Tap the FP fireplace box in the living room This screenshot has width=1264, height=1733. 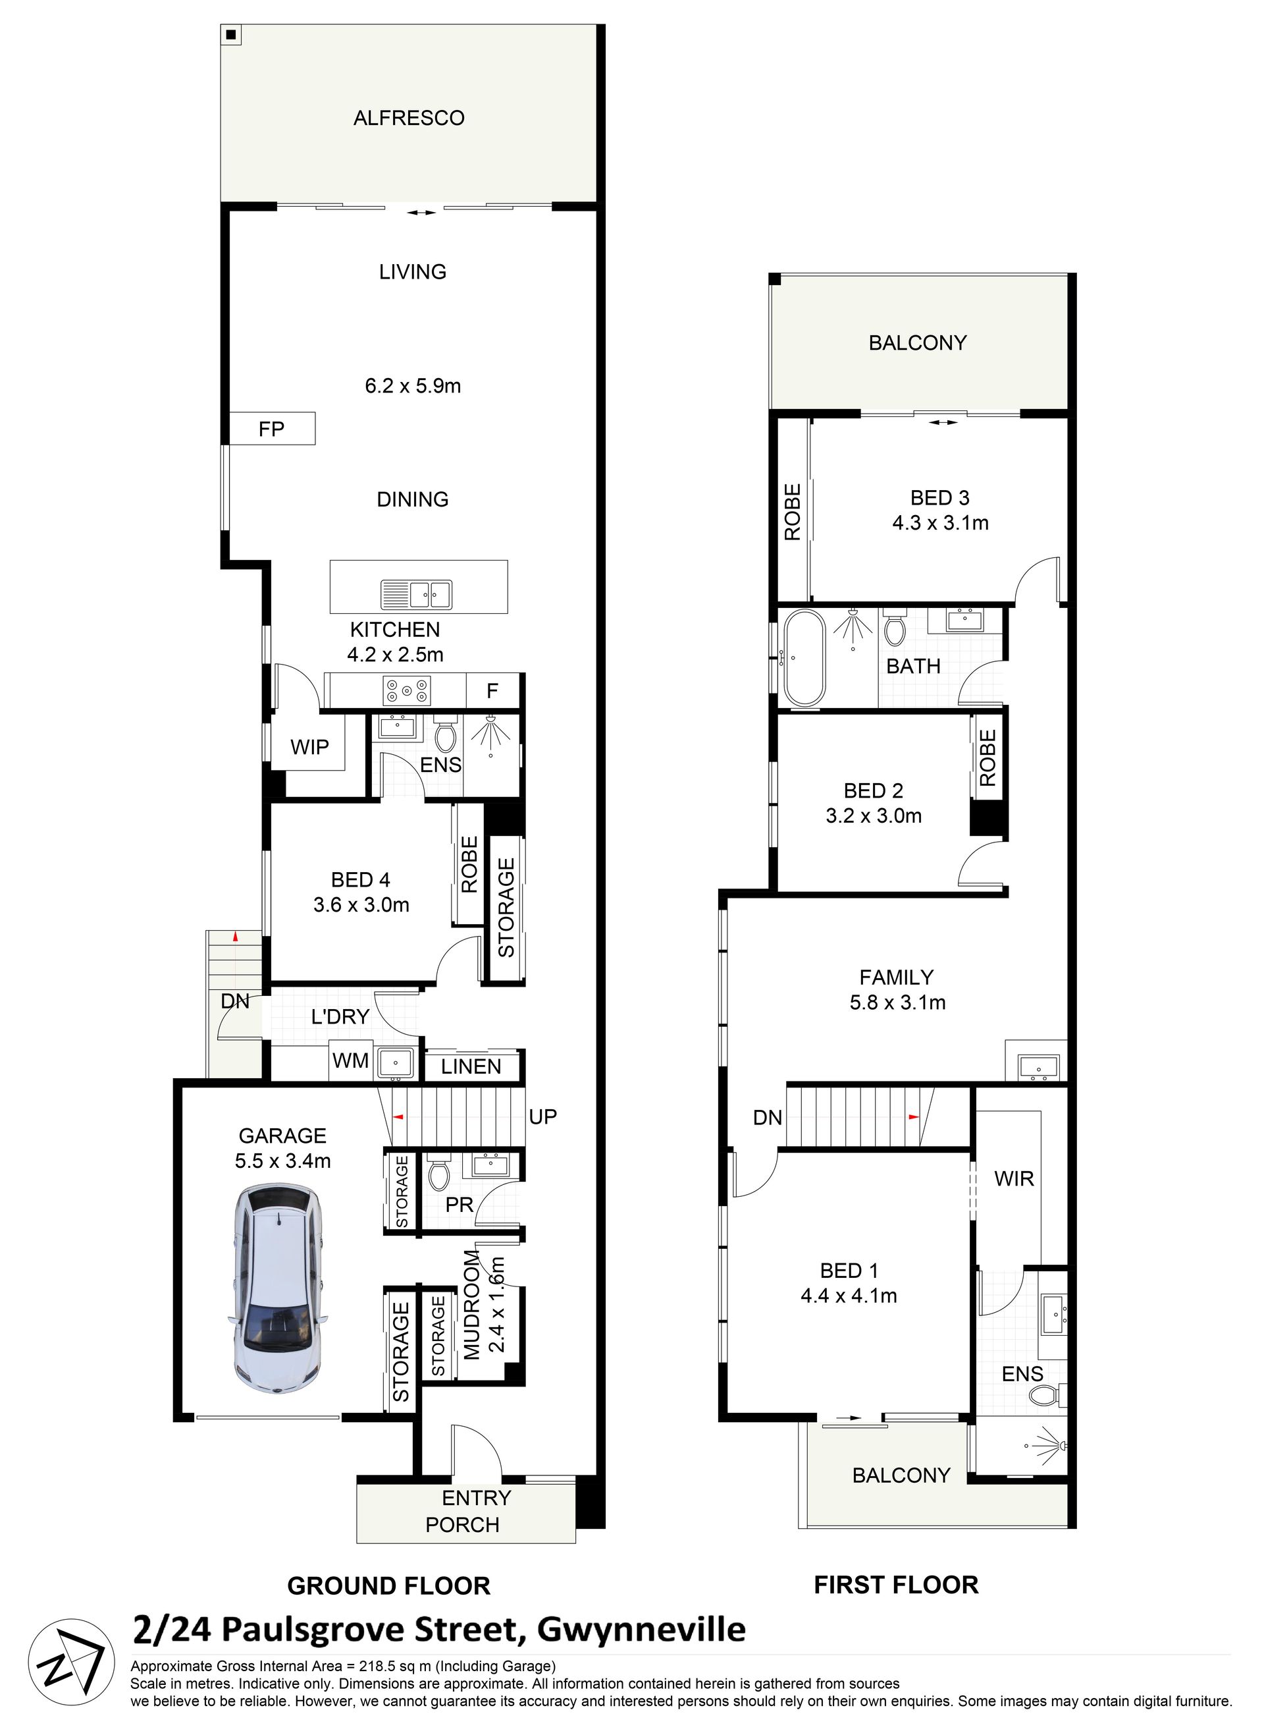tap(273, 429)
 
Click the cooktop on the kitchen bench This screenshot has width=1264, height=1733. tap(407, 691)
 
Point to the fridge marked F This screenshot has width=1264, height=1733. tap(492, 691)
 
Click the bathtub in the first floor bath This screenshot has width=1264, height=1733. tap(803, 658)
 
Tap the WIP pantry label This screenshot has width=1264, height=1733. tap(310, 747)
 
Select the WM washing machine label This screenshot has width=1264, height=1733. tap(350, 1061)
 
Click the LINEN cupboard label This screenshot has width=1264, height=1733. tap(471, 1066)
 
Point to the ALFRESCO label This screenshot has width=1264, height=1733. tap(409, 118)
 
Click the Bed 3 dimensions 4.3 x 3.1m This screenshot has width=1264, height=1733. tap(940, 523)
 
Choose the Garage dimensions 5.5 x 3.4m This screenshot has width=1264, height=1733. tap(283, 1161)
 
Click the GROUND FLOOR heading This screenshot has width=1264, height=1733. tap(388, 1585)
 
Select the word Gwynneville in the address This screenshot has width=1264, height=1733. tap(641, 1630)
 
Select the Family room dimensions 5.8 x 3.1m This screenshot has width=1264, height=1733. tap(897, 1002)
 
